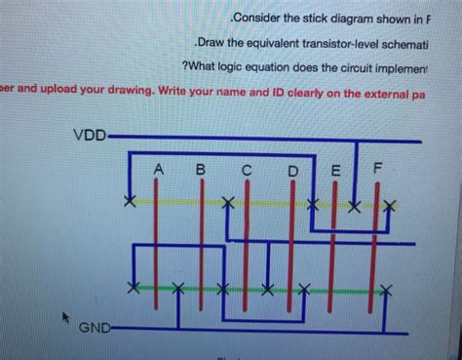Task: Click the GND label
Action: [95, 329]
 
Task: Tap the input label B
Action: [202, 171]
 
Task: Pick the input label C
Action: [247, 172]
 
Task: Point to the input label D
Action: [291, 173]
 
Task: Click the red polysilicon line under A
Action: [158, 244]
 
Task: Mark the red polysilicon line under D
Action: [289, 244]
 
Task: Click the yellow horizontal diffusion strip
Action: [195, 203]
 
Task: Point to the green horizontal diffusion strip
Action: [205, 289]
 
